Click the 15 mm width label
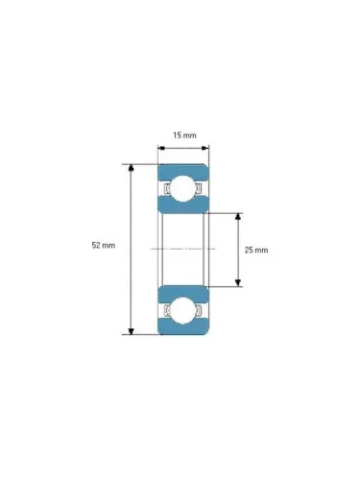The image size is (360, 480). click(x=184, y=135)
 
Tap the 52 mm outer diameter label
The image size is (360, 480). click(x=104, y=246)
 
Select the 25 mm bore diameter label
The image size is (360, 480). click(x=256, y=250)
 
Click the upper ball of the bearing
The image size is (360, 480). click(x=182, y=188)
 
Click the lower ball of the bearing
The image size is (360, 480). click(x=182, y=311)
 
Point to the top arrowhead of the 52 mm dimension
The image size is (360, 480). click(x=131, y=168)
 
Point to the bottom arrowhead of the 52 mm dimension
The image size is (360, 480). click(x=131, y=331)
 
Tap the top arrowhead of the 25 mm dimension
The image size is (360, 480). click(x=237, y=216)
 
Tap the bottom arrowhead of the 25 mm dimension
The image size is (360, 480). click(x=237, y=283)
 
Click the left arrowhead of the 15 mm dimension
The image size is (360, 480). click(x=161, y=148)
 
